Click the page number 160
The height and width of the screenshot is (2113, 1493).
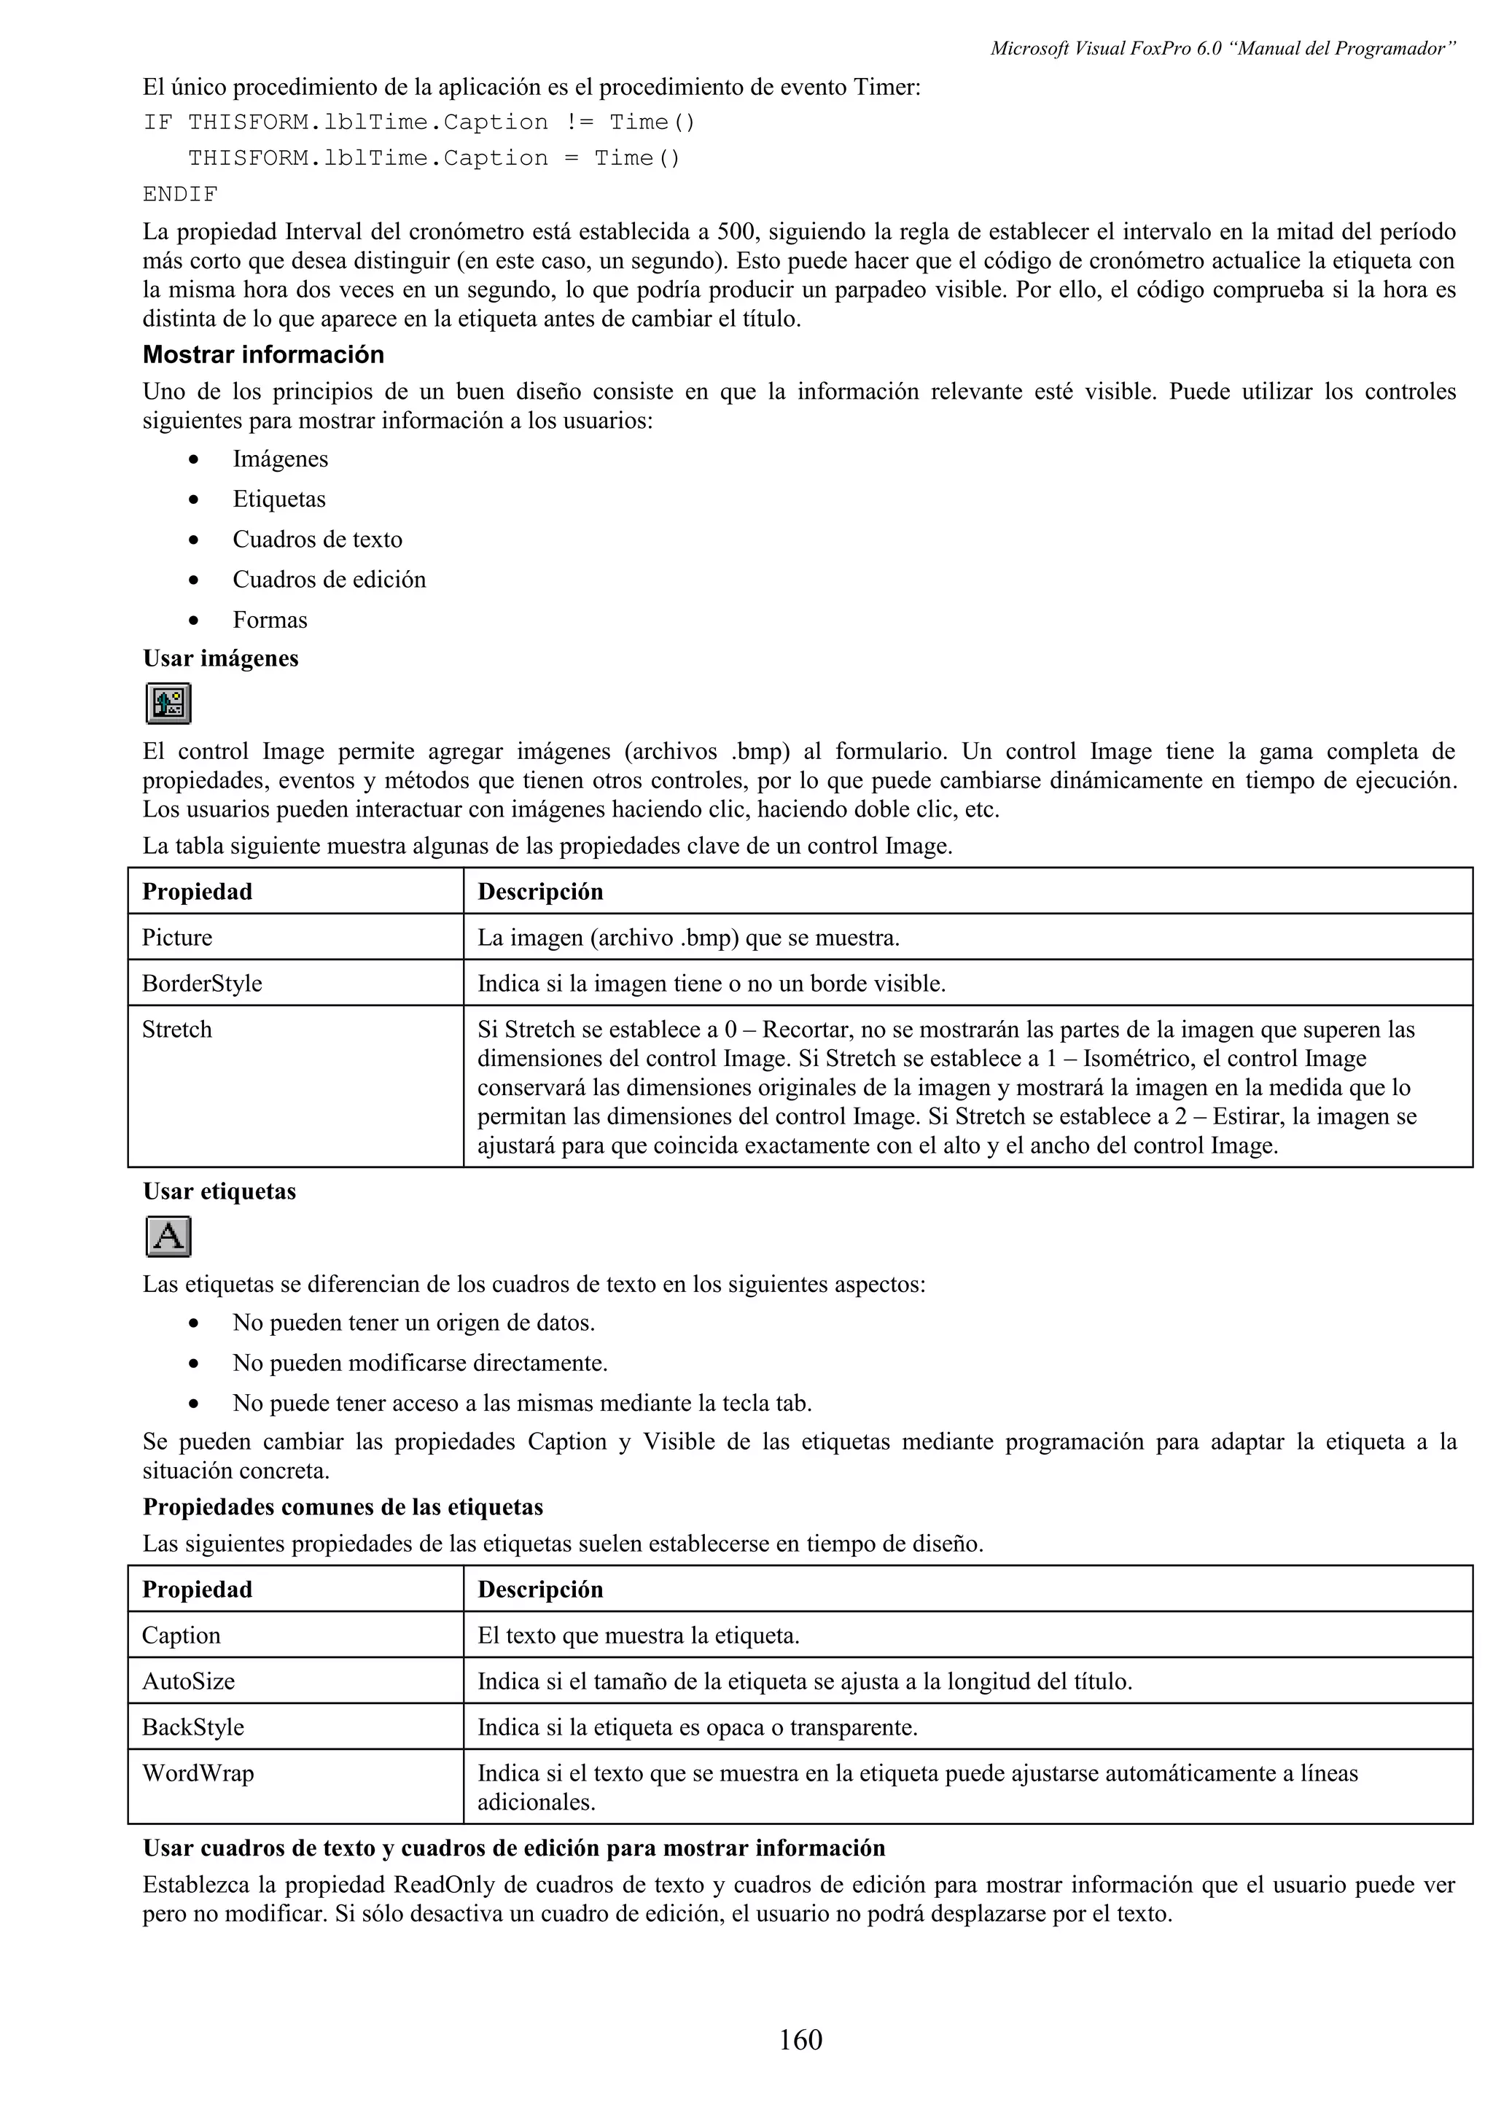(800, 2039)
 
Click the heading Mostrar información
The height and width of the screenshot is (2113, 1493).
(263, 354)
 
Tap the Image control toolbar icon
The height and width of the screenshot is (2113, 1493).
(168, 704)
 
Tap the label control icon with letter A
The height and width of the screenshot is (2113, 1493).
(168, 1237)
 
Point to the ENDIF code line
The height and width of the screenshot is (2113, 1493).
(180, 194)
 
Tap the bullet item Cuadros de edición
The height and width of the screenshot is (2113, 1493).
(328, 580)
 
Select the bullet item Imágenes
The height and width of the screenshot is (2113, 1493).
(280, 459)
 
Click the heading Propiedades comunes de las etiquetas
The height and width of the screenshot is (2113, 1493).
(342, 1507)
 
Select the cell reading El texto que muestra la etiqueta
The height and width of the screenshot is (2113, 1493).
(639, 1635)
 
